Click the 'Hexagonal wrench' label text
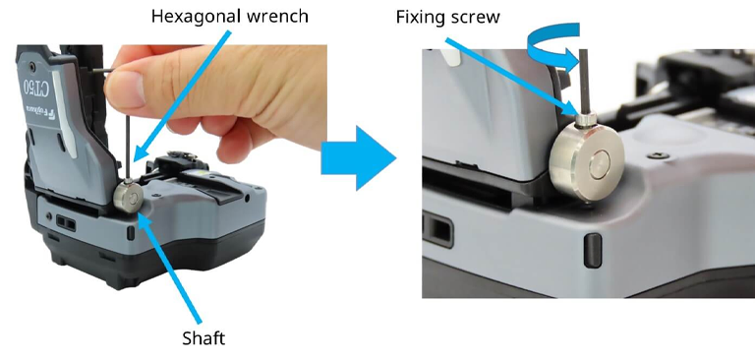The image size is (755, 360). pos(230,17)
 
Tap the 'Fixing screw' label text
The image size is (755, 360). pos(448,17)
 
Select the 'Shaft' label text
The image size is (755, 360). pos(203,338)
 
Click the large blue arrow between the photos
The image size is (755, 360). pos(358,157)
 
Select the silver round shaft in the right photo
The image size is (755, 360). pos(587,159)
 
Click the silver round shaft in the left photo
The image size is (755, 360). pos(128,199)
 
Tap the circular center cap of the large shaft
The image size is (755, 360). pos(599,163)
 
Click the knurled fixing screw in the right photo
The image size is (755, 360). pos(586,120)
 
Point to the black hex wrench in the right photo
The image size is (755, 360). pos(585,82)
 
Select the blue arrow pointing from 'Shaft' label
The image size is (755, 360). pos(170,267)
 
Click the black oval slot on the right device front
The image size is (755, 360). pos(593,251)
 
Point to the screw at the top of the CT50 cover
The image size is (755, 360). pos(31,64)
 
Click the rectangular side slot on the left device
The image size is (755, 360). pos(66,222)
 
